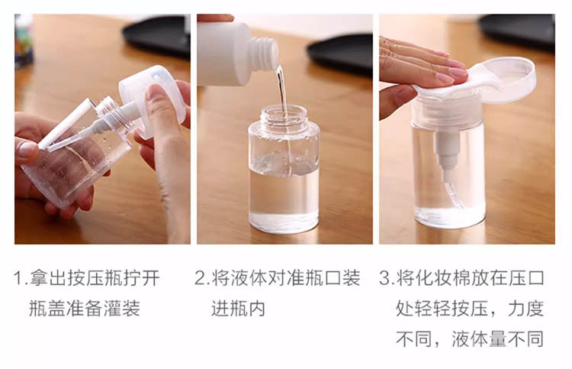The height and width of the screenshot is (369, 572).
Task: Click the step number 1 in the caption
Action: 18,278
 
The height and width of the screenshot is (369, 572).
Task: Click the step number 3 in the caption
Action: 384,278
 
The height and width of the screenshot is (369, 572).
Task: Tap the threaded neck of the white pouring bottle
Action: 265,53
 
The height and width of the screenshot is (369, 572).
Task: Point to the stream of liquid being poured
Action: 282,92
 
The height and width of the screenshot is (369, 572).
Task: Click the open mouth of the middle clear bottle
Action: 284,112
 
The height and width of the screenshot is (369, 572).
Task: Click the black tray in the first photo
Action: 157,36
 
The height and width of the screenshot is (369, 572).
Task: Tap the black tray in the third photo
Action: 517,31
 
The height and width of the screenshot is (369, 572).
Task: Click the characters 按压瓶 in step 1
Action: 95,278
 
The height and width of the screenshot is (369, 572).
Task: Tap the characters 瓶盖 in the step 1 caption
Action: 47,309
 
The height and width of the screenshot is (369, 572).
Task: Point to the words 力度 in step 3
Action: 525,309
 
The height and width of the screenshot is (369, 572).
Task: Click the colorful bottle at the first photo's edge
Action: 24,41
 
